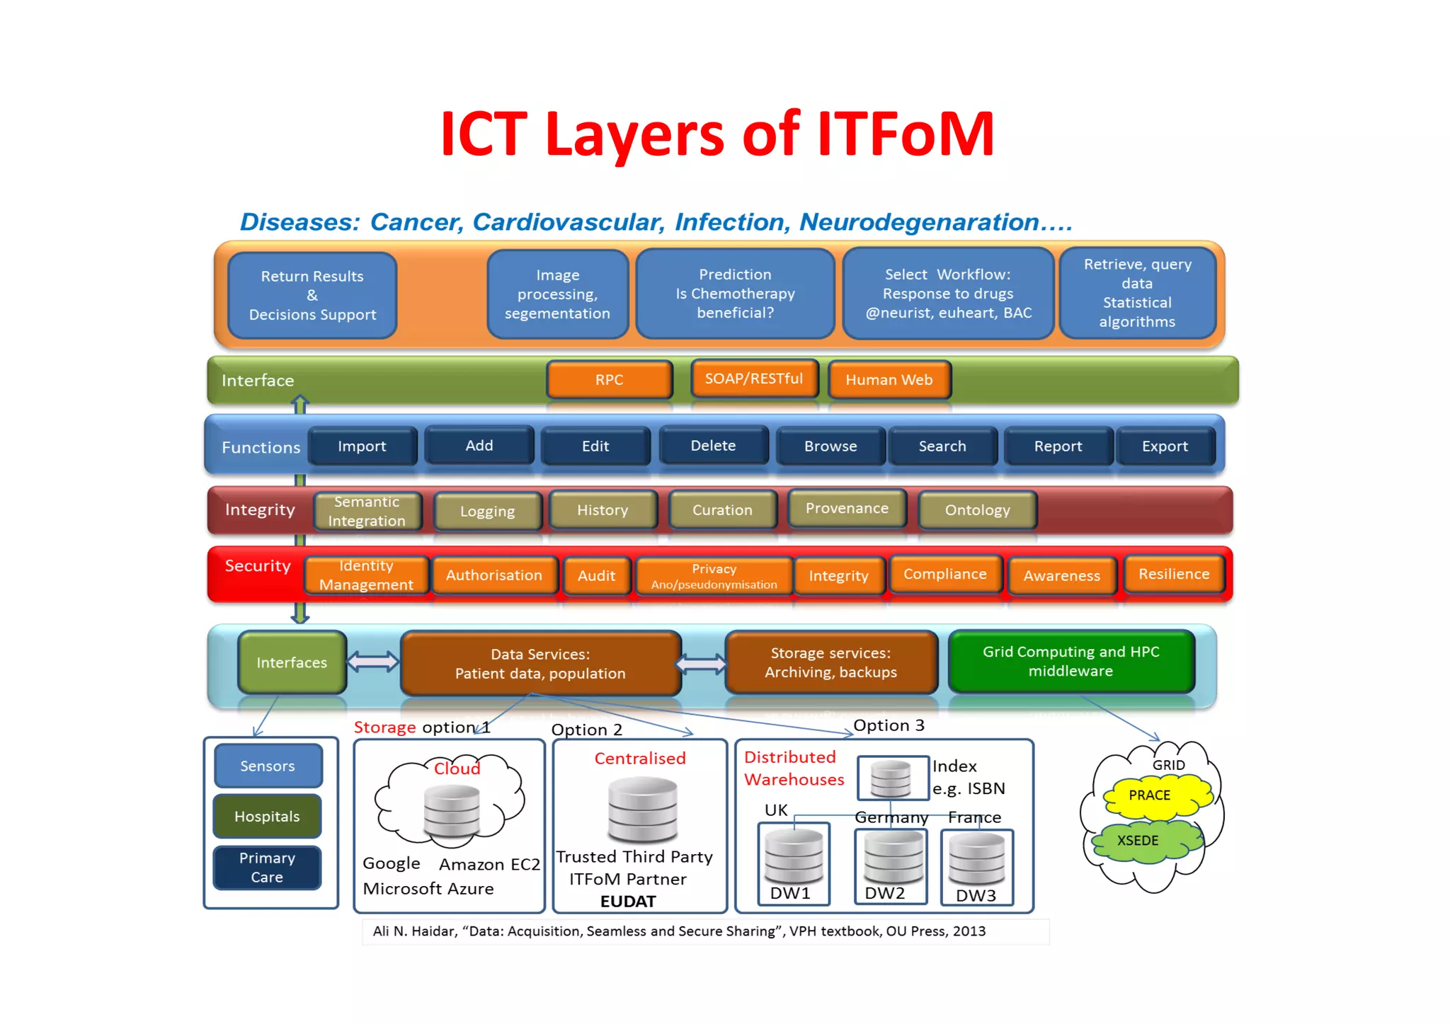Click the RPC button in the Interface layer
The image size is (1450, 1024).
(x=609, y=379)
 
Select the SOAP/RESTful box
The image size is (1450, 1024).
(x=754, y=379)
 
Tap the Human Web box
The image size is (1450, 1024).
(x=889, y=380)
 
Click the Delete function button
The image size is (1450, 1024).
(x=713, y=446)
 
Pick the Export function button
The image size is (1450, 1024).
(x=1165, y=447)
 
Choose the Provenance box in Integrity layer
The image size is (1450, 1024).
(x=847, y=508)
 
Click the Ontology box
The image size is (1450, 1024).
(x=977, y=510)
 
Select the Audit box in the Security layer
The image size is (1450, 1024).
(x=596, y=575)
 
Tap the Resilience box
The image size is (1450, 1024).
(x=1174, y=574)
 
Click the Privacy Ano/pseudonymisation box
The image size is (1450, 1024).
(x=714, y=576)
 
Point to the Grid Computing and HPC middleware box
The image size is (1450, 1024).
(x=1071, y=661)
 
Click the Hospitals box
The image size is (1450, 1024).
(x=267, y=817)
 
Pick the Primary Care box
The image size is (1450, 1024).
(x=267, y=868)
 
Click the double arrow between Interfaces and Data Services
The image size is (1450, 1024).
(x=373, y=662)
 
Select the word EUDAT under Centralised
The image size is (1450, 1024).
(x=628, y=902)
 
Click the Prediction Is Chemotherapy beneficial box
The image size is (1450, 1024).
(x=735, y=294)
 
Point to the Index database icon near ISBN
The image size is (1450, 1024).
(x=891, y=778)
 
